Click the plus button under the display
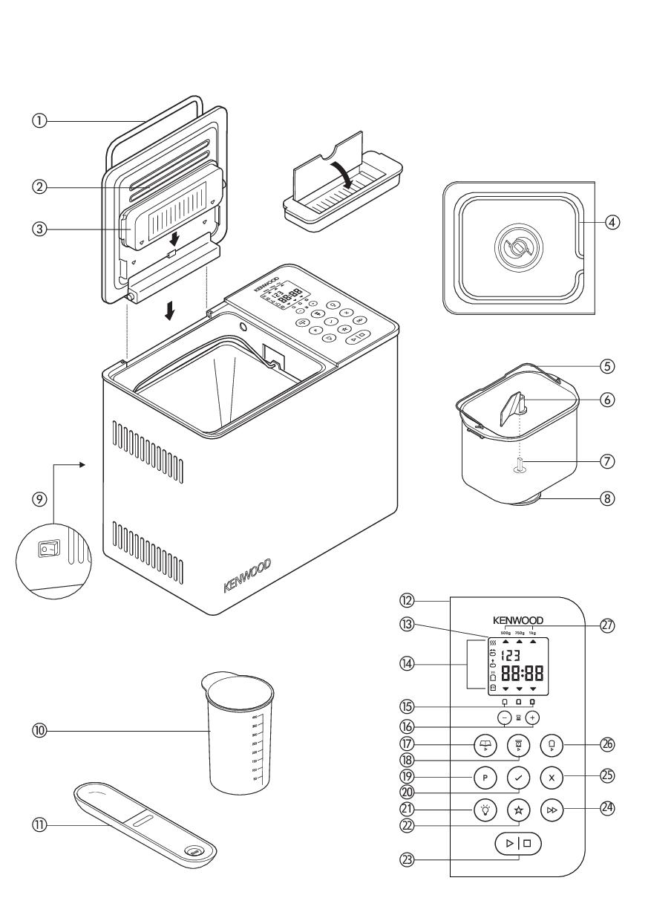tap(532, 718)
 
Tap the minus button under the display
tap(505, 718)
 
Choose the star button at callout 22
tap(518, 809)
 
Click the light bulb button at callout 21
tap(484, 809)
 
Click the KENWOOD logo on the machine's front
tap(248, 576)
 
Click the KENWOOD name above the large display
tap(518, 620)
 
